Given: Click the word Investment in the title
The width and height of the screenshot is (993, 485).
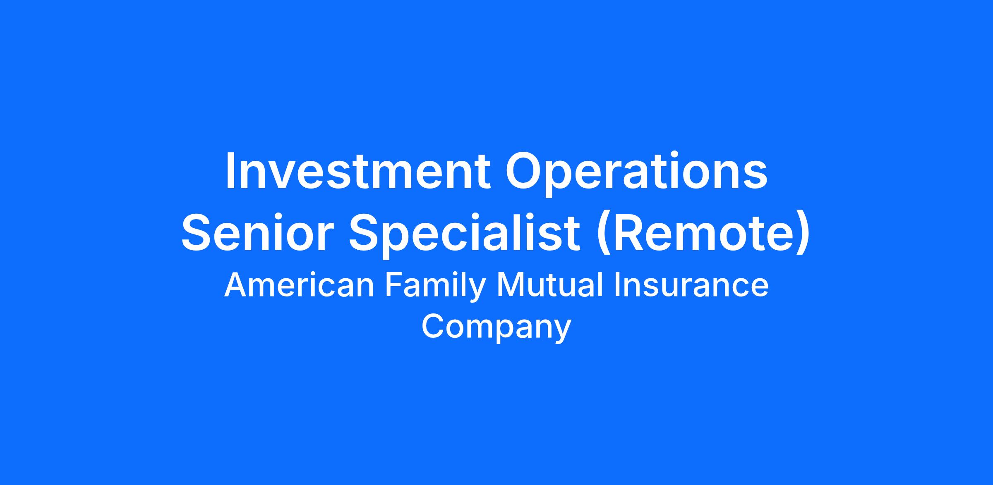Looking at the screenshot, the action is [x=358, y=172].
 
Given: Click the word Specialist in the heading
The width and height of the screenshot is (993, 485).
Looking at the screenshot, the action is [x=465, y=236].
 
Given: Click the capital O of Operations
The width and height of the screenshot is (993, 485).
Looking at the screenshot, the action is [x=523, y=172].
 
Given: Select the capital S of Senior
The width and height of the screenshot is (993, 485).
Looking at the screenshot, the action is [x=197, y=232].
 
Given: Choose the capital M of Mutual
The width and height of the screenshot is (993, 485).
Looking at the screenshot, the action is [x=510, y=285].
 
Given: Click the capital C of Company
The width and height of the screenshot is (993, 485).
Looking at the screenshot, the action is [x=433, y=327].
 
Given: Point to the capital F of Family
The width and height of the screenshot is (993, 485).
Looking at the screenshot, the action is [x=393, y=285].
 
